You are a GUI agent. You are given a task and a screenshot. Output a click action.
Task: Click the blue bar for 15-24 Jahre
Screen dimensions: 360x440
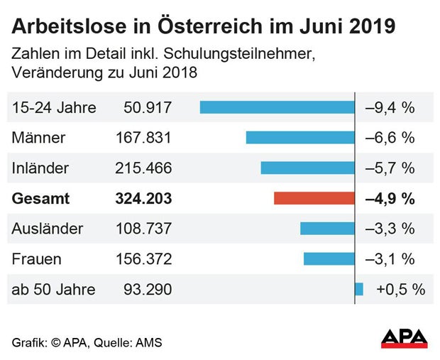click(x=277, y=107)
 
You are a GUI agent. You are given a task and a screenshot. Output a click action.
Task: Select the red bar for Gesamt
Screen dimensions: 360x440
click(x=314, y=199)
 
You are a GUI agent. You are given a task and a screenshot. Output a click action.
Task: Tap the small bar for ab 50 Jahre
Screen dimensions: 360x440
click(x=359, y=289)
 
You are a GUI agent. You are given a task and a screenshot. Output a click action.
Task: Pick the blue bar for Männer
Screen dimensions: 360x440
click(x=300, y=138)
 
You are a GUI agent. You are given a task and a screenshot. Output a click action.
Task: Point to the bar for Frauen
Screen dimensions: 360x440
click(x=329, y=259)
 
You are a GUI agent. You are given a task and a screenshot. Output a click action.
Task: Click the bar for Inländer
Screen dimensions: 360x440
click(x=307, y=168)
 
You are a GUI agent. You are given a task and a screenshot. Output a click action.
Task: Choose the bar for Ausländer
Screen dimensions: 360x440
click(x=327, y=229)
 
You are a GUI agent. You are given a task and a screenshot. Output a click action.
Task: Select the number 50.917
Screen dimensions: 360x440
click(x=143, y=108)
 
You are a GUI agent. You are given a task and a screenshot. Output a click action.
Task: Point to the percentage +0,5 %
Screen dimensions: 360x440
click(x=400, y=290)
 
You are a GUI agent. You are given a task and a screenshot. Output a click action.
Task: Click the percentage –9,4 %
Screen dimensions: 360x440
click(x=390, y=108)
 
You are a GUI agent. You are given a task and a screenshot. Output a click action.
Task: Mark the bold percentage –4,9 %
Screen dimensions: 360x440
click(x=390, y=199)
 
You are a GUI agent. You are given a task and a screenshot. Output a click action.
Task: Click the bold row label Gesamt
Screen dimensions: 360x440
click(x=41, y=199)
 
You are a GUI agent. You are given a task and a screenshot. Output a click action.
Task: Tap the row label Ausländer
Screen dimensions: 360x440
click(x=48, y=229)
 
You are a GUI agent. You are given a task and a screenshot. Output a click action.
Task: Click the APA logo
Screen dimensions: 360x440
click(x=404, y=338)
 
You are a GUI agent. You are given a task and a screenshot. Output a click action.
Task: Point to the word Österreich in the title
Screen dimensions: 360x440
click(x=204, y=27)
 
